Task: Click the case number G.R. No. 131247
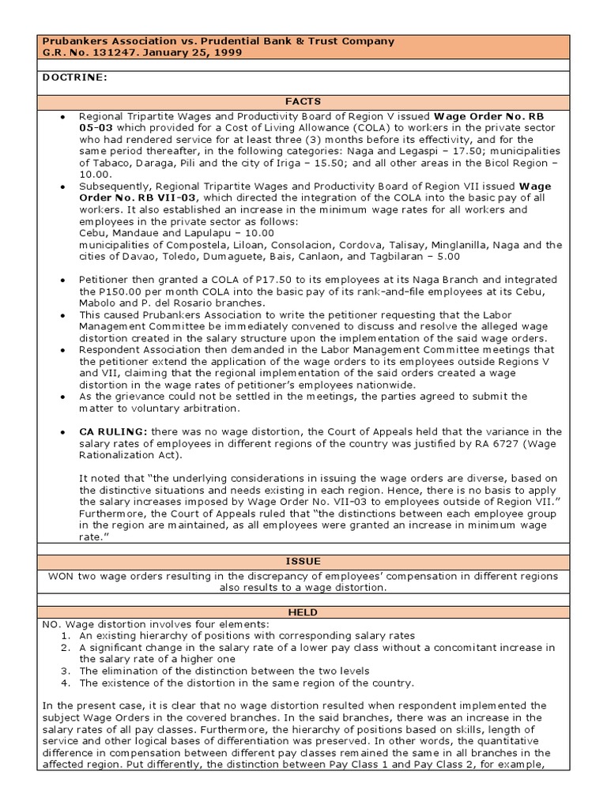[87, 53]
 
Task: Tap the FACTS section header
[303, 101]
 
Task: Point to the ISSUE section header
[303, 561]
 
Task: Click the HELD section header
[303, 611]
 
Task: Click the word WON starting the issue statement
[62, 576]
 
